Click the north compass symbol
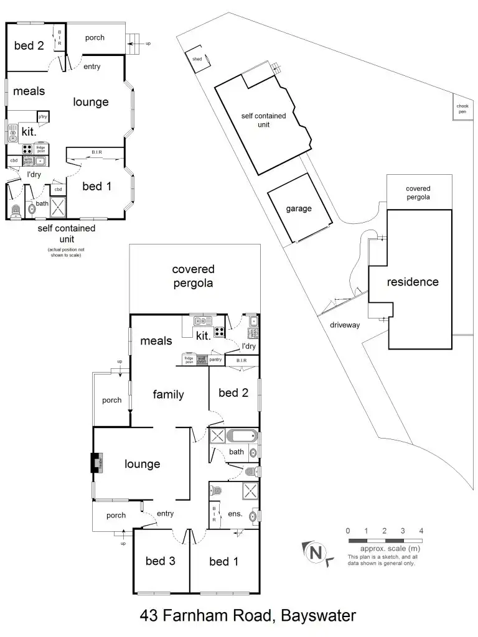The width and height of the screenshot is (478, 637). click(x=316, y=552)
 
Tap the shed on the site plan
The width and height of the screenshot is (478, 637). click(x=198, y=58)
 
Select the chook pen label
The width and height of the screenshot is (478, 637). click(x=462, y=109)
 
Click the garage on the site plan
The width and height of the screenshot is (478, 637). click(x=298, y=209)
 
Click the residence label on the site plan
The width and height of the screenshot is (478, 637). click(x=413, y=282)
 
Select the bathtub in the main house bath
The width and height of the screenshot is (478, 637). click(x=241, y=435)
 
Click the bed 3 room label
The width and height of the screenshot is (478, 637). click(x=160, y=561)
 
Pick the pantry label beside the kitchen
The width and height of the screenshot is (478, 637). click(x=215, y=359)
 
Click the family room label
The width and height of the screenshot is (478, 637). click(x=169, y=394)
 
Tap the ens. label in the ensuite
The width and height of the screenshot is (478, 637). click(x=235, y=514)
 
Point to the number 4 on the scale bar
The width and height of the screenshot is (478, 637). click(x=421, y=531)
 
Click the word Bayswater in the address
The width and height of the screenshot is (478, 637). click(x=318, y=616)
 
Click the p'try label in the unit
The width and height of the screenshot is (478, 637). click(x=43, y=117)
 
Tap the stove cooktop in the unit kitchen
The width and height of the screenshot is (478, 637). click(x=27, y=149)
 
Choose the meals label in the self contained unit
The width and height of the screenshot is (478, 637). click(x=29, y=91)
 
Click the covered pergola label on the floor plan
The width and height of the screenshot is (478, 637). click(x=193, y=276)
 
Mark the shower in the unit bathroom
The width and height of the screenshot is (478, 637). click(x=58, y=206)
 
